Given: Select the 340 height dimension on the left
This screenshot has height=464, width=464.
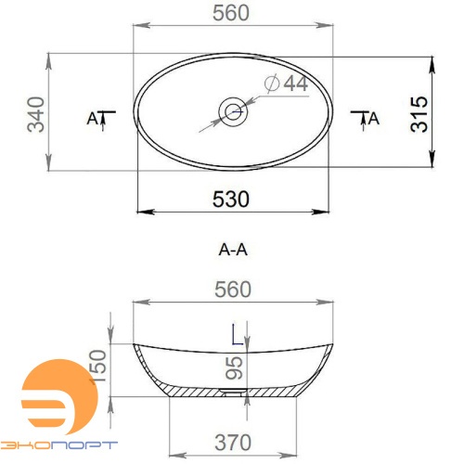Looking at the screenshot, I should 35,113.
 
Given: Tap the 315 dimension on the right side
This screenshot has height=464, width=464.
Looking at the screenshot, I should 419,113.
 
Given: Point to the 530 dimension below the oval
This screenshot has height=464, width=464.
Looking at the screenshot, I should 231,200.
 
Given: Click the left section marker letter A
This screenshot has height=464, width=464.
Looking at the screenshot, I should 92,118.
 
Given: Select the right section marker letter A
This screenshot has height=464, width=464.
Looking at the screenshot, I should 374,118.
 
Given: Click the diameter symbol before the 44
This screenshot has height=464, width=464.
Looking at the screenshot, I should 273,84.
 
